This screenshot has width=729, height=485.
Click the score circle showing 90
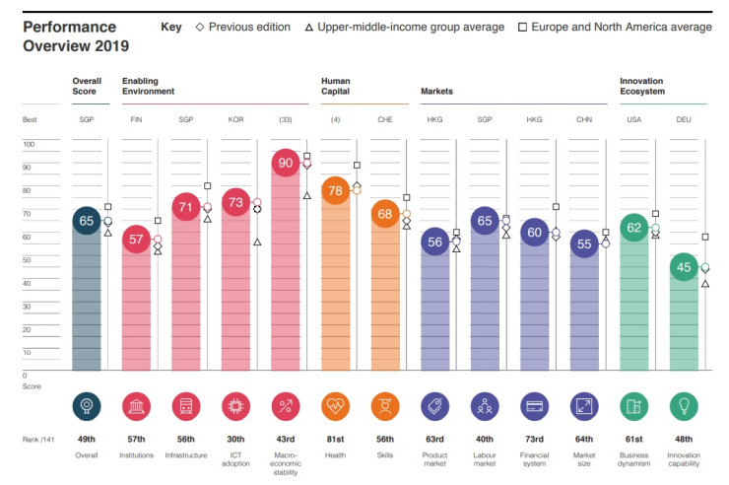(x=286, y=164)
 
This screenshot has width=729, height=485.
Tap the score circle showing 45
(x=684, y=267)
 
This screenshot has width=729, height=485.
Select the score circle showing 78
(x=336, y=191)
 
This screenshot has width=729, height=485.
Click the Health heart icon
(x=336, y=406)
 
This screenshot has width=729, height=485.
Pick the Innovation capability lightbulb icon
(x=684, y=406)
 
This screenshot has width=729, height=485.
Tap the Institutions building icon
(x=136, y=406)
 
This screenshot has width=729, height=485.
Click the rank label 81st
(x=336, y=440)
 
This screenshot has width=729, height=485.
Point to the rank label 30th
(x=235, y=440)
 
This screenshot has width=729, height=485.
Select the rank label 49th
(x=86, y=440)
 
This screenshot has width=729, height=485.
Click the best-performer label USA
(x=633, y=119)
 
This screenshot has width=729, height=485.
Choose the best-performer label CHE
(x=385, y=119)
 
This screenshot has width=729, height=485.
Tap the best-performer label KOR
(x=235, y=119)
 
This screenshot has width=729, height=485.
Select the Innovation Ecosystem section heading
(x=642, y=86)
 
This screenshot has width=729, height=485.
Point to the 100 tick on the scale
(x=29, y=144)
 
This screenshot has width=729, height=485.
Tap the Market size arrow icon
(x=584, y=406)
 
